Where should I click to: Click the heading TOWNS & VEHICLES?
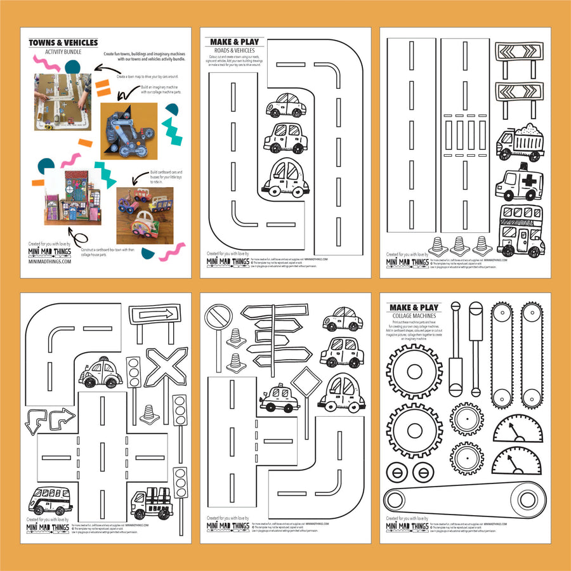pyautogui.click(x=63, y=43)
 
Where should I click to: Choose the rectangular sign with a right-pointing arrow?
pyautogui.click(x=154, y=313)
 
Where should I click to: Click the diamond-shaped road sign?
pyautogui.click(x=306, y=383)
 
